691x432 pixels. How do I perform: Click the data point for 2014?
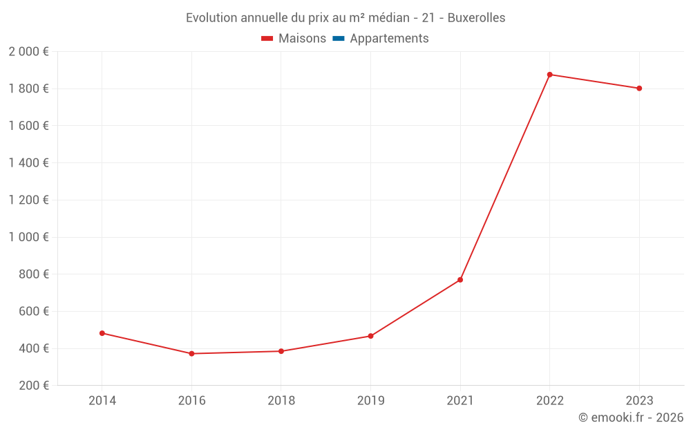click(102, 333)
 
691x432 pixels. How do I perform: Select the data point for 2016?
click(191, 354)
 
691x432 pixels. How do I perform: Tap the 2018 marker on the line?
click(281, 351)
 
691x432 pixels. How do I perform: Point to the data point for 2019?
click(370, 336)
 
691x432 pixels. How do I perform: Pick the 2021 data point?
click(460, 280)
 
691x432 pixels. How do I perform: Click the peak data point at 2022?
click(549, 75)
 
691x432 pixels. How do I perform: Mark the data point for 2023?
click(639, 88)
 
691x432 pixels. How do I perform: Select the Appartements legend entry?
click(389, 39)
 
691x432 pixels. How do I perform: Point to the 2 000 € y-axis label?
click(29, 52)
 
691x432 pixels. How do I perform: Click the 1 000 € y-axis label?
click(29, 237)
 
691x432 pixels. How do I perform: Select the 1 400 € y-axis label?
click(29, 163)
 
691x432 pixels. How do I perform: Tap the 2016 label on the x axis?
click(191, 401)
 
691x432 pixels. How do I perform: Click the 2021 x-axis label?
click(460, 401)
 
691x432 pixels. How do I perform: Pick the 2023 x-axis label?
click(639, 401)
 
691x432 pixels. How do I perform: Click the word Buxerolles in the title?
click(476, 18)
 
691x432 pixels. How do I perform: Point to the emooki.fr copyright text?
click(631, 417)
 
